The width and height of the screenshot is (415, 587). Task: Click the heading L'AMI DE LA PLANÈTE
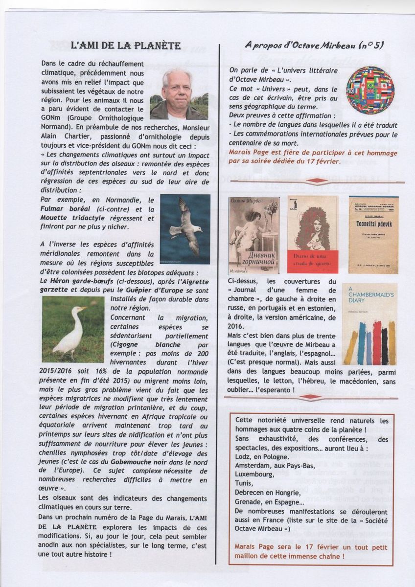pyautogui.click(x=126, y=46)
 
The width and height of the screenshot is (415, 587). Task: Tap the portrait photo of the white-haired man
pyautogui.click(x=178, y=94)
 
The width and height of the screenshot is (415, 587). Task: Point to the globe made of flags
pyautogui.click(x=370, y=90)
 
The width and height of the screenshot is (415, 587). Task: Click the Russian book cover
pyautogui.click(x=254, y=235)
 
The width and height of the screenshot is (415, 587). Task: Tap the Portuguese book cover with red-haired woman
pyautogui.click(x=312, y=235)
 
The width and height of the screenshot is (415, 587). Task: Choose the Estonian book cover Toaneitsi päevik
pyautogui.click(x=373, y=235)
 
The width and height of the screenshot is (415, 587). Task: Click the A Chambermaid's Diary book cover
pyautogui.click(x=369, y=324)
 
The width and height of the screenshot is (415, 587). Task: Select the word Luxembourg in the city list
pyautogui.click(x=254, y=474)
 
